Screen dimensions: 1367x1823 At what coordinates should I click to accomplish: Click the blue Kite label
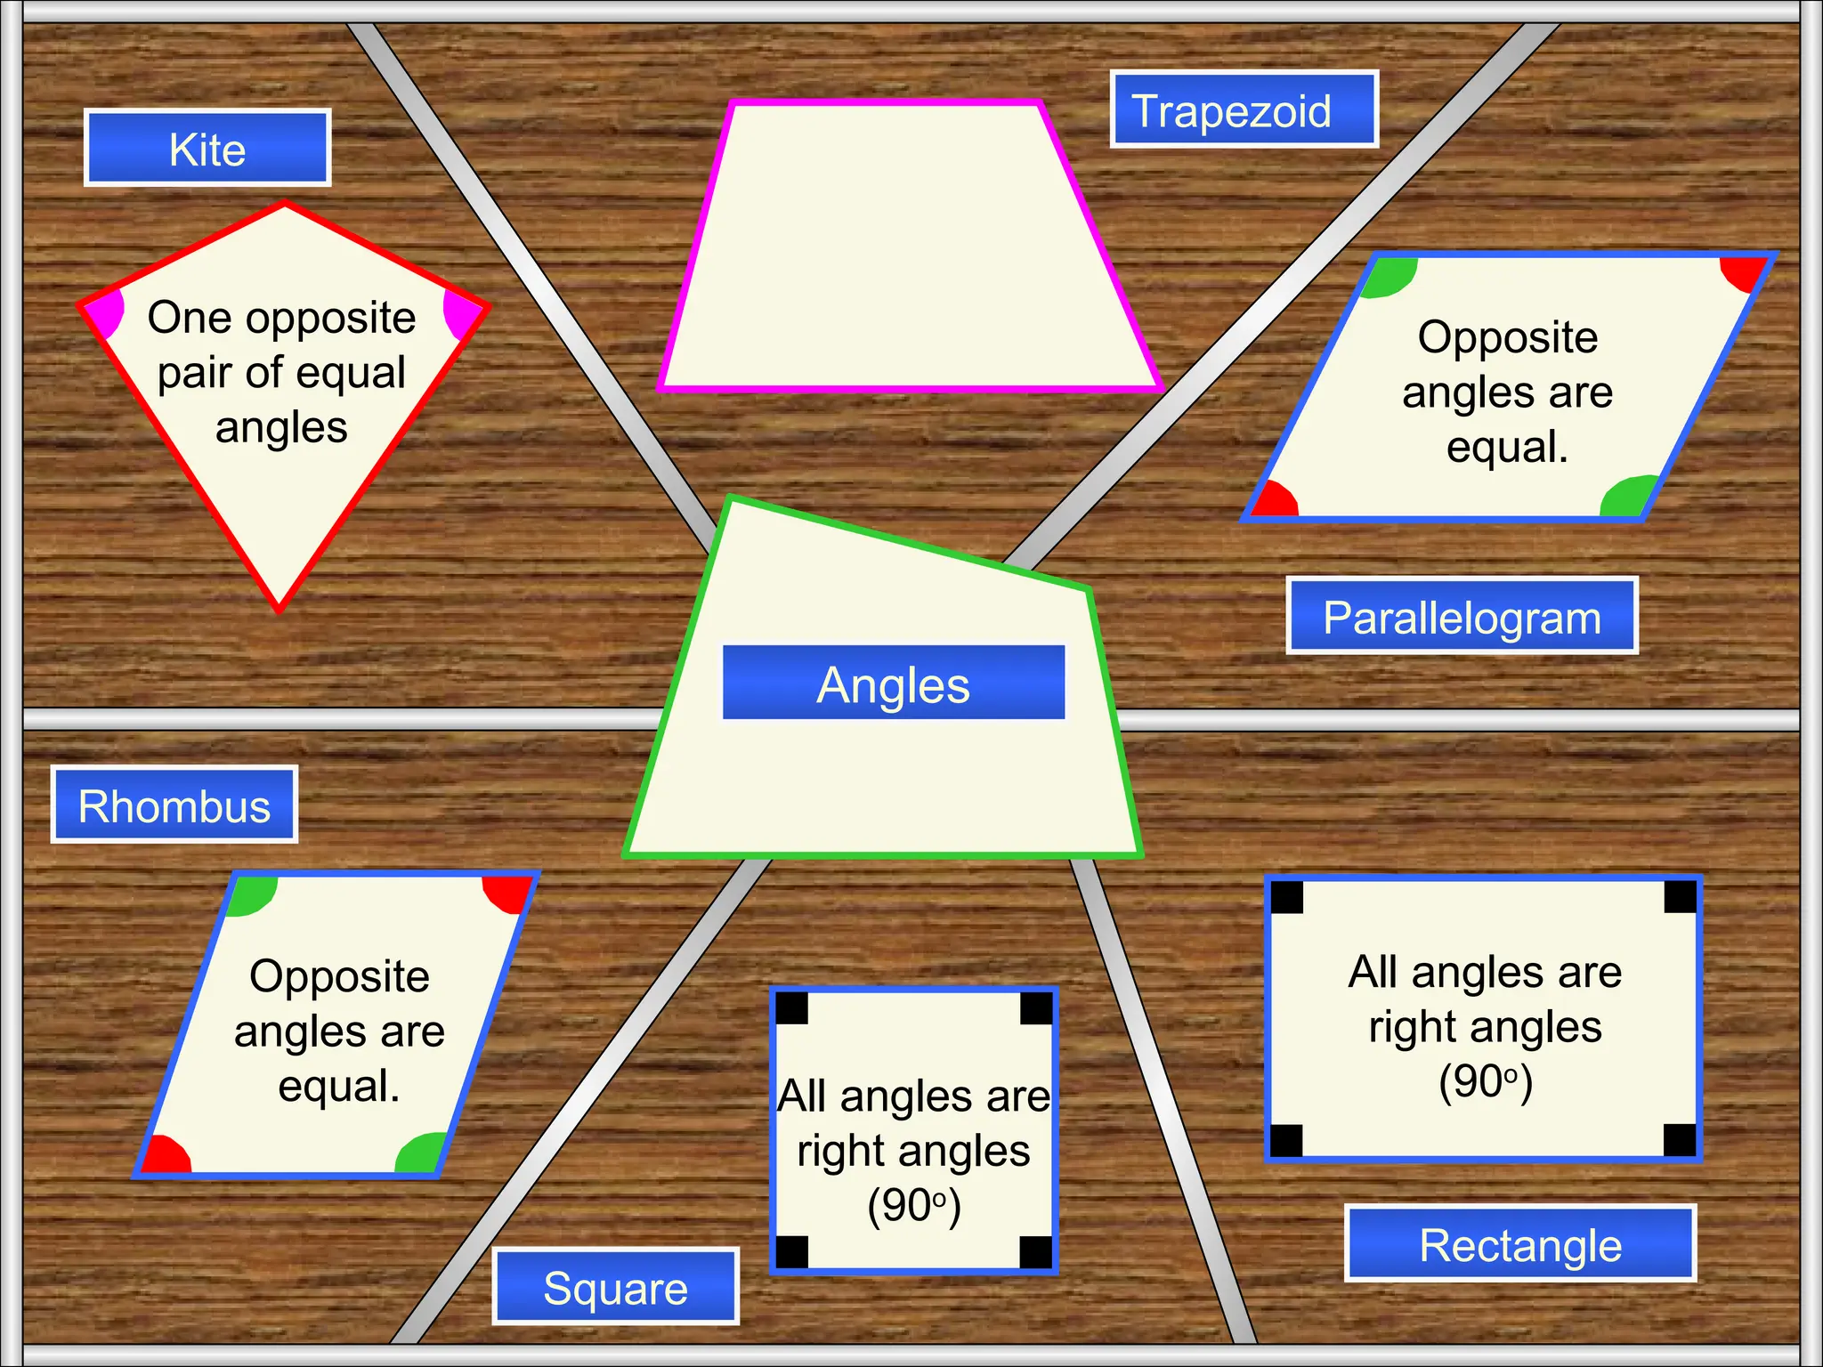click(207, 149)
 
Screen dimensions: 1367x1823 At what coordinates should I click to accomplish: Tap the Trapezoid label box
click(1244, 109)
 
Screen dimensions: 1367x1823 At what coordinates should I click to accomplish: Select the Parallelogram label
click(1462, 617)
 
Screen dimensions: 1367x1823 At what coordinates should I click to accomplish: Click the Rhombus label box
click(174, 805)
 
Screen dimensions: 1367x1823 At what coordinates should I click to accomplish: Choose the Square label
click(616, 1287)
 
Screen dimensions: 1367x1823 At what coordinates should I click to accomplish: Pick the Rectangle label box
click(1520, 1244)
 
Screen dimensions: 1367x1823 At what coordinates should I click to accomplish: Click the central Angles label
click(894, 683)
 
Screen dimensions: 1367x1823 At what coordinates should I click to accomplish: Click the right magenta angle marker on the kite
click(460, 313)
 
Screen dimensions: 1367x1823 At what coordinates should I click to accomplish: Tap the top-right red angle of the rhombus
click(508, 893)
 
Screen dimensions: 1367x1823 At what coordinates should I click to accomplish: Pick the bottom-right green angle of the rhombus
click(419, 1154)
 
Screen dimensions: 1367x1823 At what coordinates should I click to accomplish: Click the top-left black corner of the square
click(792, 1008)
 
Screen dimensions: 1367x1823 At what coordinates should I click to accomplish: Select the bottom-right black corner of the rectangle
click(1680, 1139)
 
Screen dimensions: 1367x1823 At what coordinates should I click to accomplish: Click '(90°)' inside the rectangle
click(1486, 1081)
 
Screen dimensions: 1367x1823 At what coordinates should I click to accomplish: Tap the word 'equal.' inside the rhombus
click(339, 1086)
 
